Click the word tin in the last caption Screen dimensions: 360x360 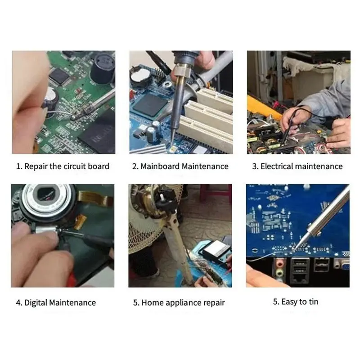(313, 301)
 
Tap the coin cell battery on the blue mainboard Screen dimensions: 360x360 (140, 75)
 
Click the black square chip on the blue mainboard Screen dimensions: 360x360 (150, 105)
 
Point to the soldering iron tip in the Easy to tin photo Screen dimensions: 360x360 (295, 248)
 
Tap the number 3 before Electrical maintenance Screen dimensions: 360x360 (254, 166)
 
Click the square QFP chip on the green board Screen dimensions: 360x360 (60, 76)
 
